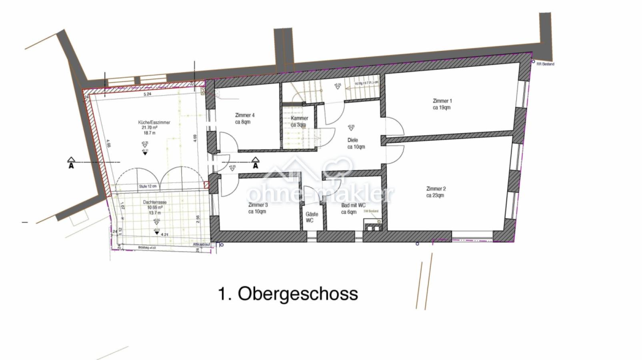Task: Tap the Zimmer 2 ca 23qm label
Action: tap(435, 192)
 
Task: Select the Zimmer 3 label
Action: tap(258, 208)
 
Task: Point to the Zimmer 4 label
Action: tap(244, 118)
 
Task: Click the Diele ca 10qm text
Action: tap(355, 143)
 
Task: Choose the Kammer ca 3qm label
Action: tap(299, 121)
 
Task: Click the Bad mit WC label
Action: tap(353, 208)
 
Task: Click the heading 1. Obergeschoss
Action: tap(288, 294)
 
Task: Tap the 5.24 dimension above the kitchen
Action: tap(147, 94)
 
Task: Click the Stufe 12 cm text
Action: tap(148, 186)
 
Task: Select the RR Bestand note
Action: tap(545, 64)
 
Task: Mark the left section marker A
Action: tap(71, 163)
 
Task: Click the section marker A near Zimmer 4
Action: tap(255, 163)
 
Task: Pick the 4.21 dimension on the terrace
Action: tap(164, 235)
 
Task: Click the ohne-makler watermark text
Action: tap(320, 194)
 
